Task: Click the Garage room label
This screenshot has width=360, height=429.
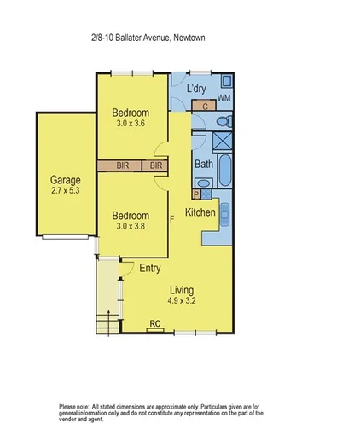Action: (65, 180)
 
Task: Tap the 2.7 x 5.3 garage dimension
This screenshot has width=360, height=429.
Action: (65, 192)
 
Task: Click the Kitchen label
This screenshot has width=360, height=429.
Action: (200, 212)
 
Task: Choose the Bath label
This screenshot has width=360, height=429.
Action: (204, 165)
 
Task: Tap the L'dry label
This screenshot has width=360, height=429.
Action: (197, 89)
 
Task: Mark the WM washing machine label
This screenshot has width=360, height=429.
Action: (224, 100)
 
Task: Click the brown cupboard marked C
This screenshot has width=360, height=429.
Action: (205, 106)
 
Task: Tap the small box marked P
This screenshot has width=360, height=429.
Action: (196, 194)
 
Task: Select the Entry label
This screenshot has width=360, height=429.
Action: (150, 268)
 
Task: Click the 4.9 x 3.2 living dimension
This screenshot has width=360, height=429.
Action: (180, 301)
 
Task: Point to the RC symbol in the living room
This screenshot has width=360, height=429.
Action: (154, 323)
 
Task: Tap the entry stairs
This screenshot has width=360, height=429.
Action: (107, 323)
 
